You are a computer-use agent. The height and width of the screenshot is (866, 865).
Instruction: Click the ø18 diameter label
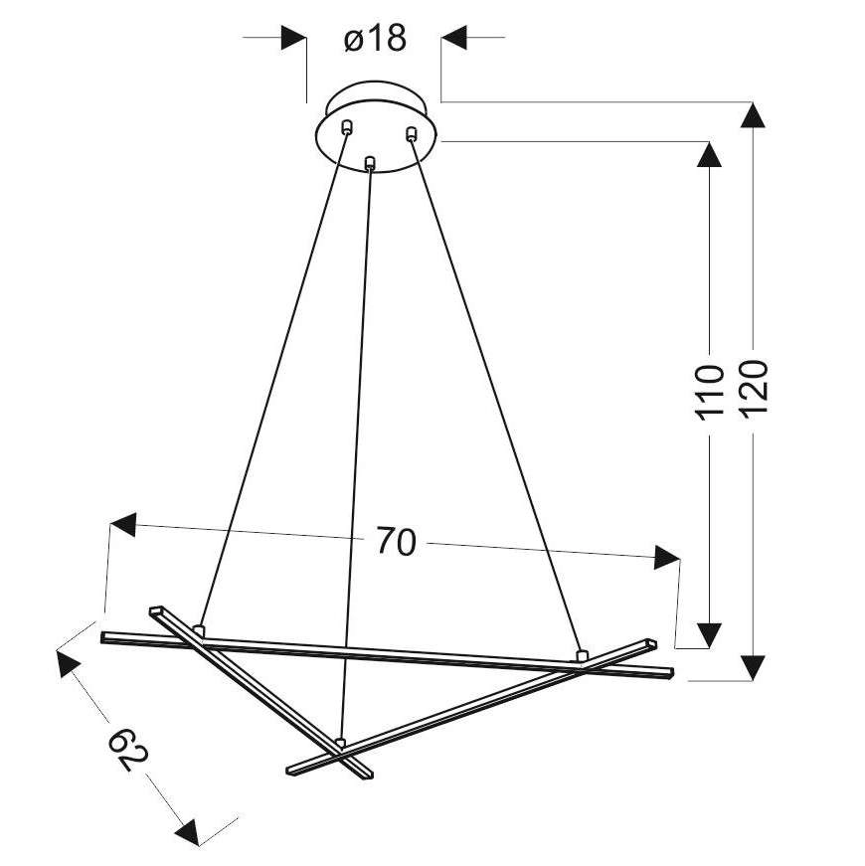click(375, 39)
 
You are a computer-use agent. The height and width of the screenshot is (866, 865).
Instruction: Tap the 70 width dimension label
click(396, 541)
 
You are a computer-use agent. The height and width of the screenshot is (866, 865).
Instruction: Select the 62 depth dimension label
click(127, 749)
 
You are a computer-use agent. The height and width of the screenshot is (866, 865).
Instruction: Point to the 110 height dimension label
click(710, 392)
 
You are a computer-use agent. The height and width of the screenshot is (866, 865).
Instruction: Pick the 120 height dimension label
click(754, 388)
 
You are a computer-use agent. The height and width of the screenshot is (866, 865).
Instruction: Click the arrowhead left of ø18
click(294, 38)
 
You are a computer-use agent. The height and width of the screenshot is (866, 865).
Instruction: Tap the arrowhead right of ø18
click(454, 38)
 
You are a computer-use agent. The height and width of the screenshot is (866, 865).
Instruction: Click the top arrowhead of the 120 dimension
click(753, 115)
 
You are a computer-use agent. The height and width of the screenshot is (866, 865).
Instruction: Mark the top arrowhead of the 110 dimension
click(709, 154)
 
